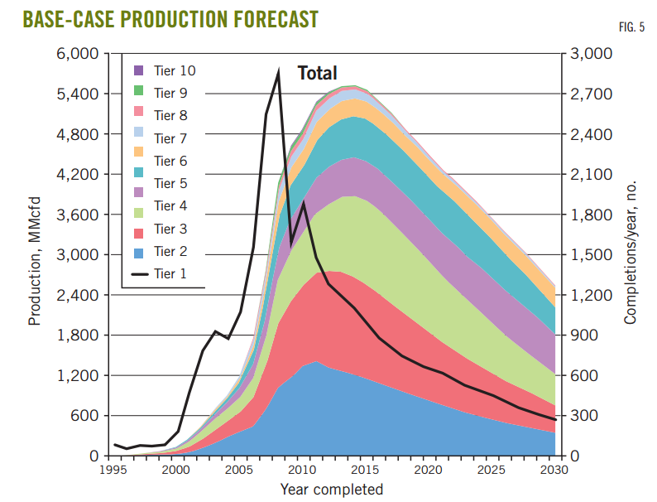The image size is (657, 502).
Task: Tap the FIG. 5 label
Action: pos(631,27)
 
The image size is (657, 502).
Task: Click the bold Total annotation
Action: pos(317,73)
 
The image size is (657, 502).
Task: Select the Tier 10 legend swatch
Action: pos(139,70)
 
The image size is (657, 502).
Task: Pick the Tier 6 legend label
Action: pos(170,161)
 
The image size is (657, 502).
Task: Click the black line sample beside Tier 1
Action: pos(140,274)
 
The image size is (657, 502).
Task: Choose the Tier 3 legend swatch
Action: pos(139,233)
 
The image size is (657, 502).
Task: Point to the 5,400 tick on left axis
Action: pos(78,94)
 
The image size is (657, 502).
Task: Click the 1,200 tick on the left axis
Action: pos(78,376)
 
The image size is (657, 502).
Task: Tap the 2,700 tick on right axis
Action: pos(591,94)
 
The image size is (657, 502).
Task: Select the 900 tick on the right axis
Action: pos(584,335)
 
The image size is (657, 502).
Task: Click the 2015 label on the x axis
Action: pos(365,470)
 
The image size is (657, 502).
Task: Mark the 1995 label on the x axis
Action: pos(113,470)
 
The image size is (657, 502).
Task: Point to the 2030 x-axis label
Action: pos(554,470)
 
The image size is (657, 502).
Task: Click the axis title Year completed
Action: pos(332,490)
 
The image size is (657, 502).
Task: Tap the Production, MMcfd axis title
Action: pos(35,261)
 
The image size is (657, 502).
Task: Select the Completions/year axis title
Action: pos(631,253)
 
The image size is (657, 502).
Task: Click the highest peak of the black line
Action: pos(278,73)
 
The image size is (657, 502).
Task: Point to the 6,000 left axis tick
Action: pos(78,54)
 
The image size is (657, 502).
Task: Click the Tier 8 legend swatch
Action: pos(139,111)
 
